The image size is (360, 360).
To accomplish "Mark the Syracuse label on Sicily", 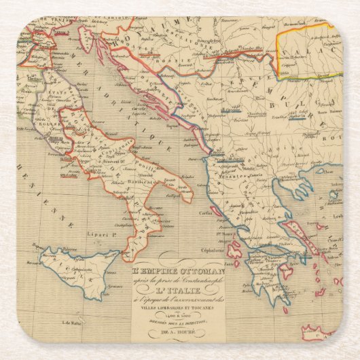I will (96, 288).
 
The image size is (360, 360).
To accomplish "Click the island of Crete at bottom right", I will (326, 333).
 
